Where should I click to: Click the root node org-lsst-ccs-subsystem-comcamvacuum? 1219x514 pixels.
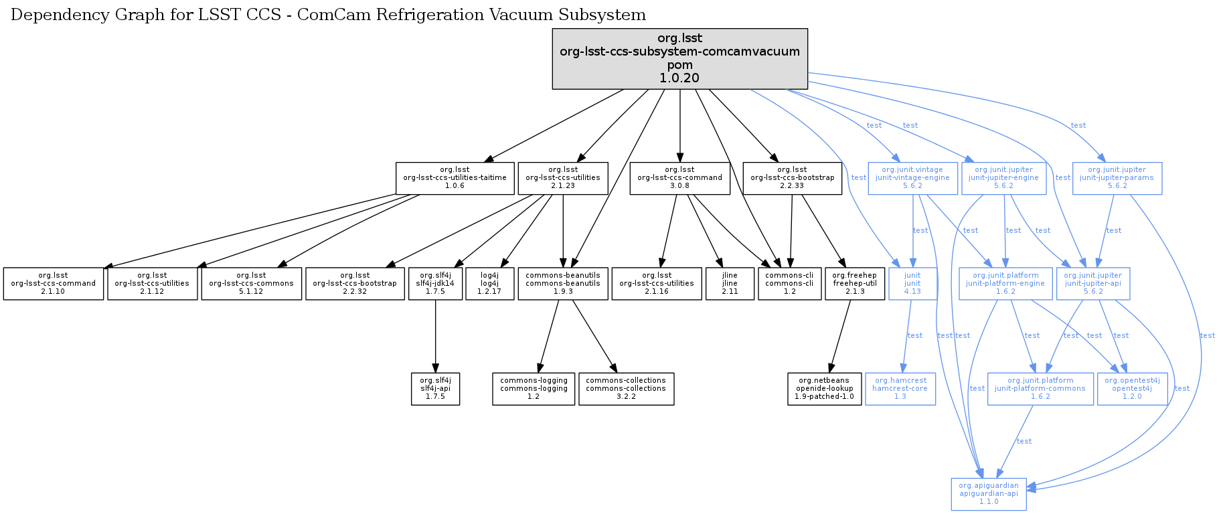click(x=679, y=58)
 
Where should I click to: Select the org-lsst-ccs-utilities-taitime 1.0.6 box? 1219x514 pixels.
click(x=455, y=178)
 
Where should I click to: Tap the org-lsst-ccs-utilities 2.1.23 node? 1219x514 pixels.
click(x=562, y=178)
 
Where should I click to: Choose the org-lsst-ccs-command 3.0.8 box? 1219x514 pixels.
click(x=679, y=178)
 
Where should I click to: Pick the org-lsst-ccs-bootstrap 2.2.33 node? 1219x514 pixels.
click(x=792, y=178)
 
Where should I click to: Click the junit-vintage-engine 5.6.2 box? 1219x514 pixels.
click(x=912, y=178)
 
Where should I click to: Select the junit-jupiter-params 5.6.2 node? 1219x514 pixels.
click(x=1117, y=178)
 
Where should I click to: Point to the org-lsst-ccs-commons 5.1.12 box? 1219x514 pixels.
click(x=251, y=284)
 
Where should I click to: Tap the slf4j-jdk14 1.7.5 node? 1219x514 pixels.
click(x=435, y=284)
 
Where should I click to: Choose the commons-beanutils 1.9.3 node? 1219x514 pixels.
click(x=562, y=284)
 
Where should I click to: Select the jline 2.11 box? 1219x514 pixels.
click(x=729, y=284)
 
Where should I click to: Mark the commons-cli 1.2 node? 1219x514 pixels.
click(x=789, y=284)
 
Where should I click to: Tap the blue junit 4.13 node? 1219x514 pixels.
click(x=912, y=284)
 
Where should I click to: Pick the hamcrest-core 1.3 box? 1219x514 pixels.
click(x=900, y=389)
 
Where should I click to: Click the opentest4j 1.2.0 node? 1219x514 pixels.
click(x=1132, y=389)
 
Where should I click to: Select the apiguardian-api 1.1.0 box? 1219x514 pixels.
click(x=988, y=494)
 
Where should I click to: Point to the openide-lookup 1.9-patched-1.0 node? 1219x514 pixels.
click(x=824, y=389)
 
